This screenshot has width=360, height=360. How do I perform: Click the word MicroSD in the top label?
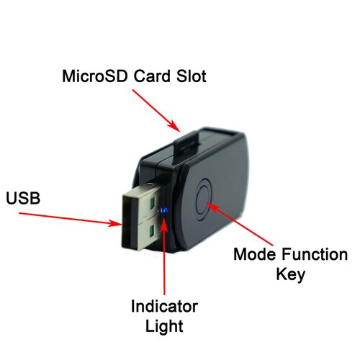point(94,76)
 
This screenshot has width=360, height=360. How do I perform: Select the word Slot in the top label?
point(192,76)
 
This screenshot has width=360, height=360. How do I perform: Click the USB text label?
point(23,198)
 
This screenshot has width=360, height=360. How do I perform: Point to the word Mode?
point(256,254)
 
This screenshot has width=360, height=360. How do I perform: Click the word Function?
point(315,254)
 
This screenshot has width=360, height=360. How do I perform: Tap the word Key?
point(291,275)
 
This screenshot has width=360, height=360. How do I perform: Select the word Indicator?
point(164,306)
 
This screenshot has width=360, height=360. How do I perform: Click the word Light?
point(164,327)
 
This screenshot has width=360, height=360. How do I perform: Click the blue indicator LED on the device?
point(164,210)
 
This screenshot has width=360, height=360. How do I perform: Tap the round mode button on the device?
point(203,197)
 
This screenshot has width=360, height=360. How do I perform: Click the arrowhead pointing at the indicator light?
point(164,225)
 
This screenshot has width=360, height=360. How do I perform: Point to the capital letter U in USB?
point(12,198)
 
